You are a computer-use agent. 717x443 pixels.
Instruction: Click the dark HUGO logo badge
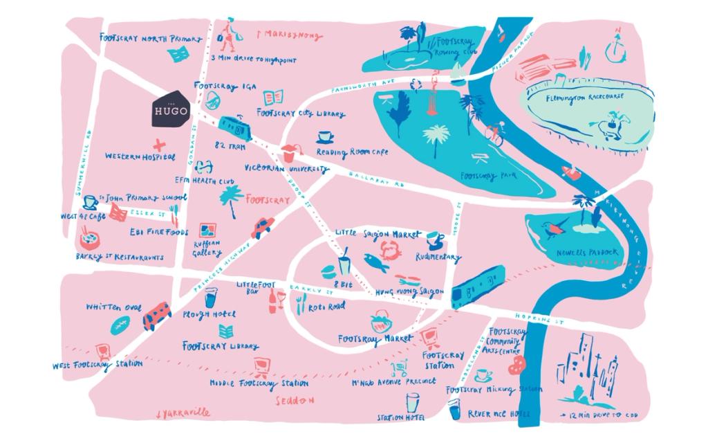click(170, 109)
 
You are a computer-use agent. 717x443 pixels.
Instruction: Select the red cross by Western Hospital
click(160, 145)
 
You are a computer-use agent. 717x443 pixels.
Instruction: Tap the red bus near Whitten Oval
click(157, 316)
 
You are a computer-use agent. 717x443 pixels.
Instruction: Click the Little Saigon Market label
click(378, 235)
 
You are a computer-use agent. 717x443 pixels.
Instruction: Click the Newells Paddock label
click(587, 253)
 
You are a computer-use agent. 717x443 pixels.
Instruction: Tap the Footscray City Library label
click(301, 113)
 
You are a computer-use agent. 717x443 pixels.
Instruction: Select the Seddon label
click(295, 400)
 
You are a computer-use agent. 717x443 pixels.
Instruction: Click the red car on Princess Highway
click(263, 227)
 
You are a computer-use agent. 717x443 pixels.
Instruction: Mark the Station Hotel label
click(400, 417)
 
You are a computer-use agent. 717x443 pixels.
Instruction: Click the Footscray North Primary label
click(151, 39)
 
